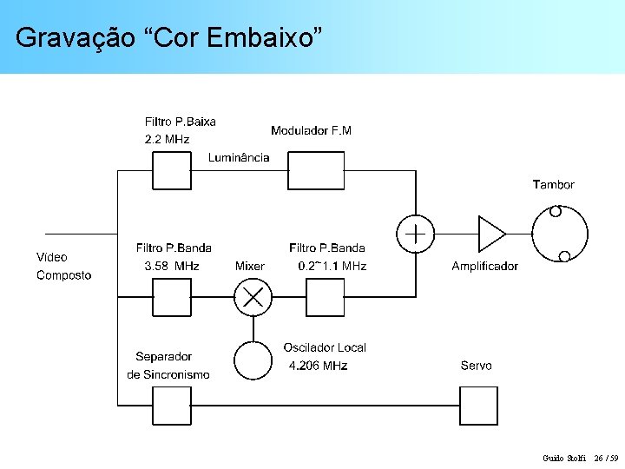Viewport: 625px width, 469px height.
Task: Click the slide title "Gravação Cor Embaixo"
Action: pos(169,37)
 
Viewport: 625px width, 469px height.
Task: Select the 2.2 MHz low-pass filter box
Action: pos(172,170)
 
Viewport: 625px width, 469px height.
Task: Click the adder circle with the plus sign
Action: pos(416,234)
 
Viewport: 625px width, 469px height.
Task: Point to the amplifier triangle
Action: pos(490,234)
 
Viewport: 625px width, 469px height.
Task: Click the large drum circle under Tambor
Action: pos(559,234)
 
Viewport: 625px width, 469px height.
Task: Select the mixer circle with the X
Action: pos(253,298)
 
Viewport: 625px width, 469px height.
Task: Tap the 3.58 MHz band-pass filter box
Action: pos(172,298)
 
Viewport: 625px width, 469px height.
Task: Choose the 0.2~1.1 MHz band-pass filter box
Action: pos(326,298)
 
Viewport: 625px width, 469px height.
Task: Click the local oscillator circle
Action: pos(253,360)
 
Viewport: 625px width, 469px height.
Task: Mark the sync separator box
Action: pos(172,405)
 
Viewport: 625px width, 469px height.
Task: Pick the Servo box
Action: pos(478,405)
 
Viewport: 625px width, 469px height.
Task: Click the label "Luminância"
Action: pos(239,157)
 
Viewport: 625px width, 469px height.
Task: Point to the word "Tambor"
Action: pos(553,184)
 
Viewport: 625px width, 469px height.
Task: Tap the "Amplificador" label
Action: pos(484,266)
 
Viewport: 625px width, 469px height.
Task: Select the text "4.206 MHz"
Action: pos(318,366)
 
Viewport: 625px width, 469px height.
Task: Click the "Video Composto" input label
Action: pos(63,266)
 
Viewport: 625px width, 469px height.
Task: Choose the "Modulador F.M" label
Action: pos(311,130)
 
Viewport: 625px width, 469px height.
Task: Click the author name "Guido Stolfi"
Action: pos(564,458)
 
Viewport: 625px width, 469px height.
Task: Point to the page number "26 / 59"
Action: pos(606,458)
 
